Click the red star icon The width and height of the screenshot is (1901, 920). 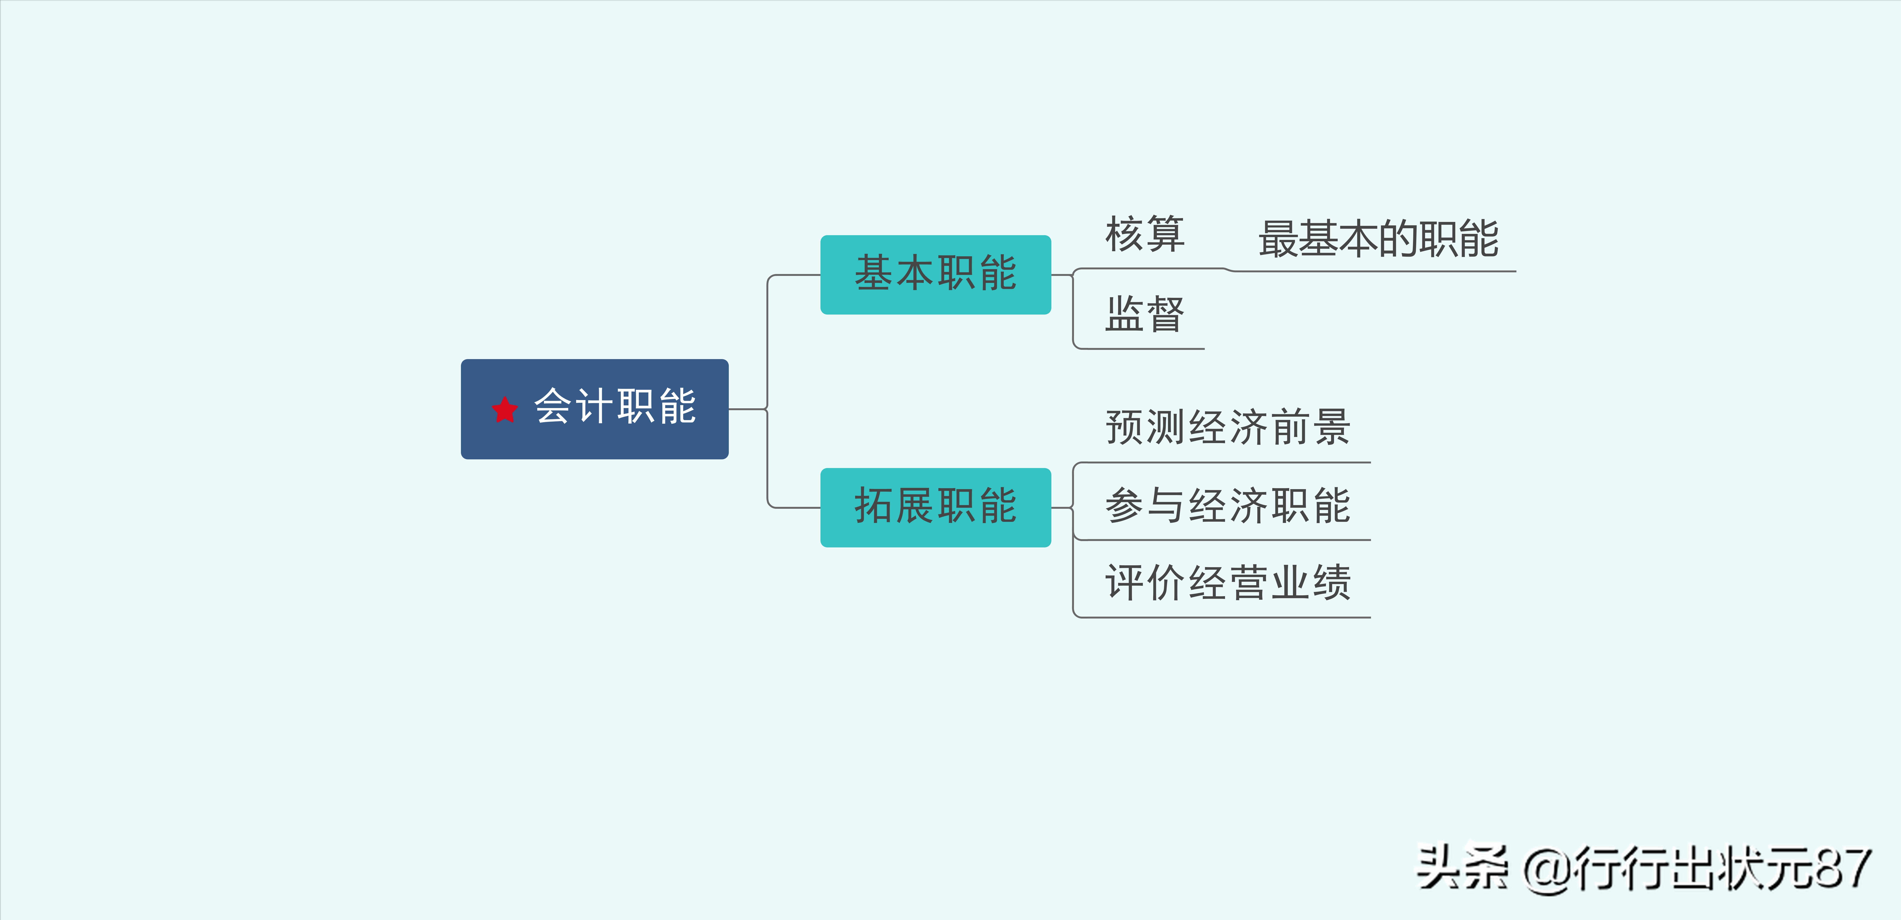point(505,410)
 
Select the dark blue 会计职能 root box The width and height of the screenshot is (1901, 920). point(595,410)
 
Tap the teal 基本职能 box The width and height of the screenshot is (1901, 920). point(935,274)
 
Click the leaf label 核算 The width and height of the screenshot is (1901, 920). point(1145,235)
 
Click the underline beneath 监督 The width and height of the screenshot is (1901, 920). point(1140,348)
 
